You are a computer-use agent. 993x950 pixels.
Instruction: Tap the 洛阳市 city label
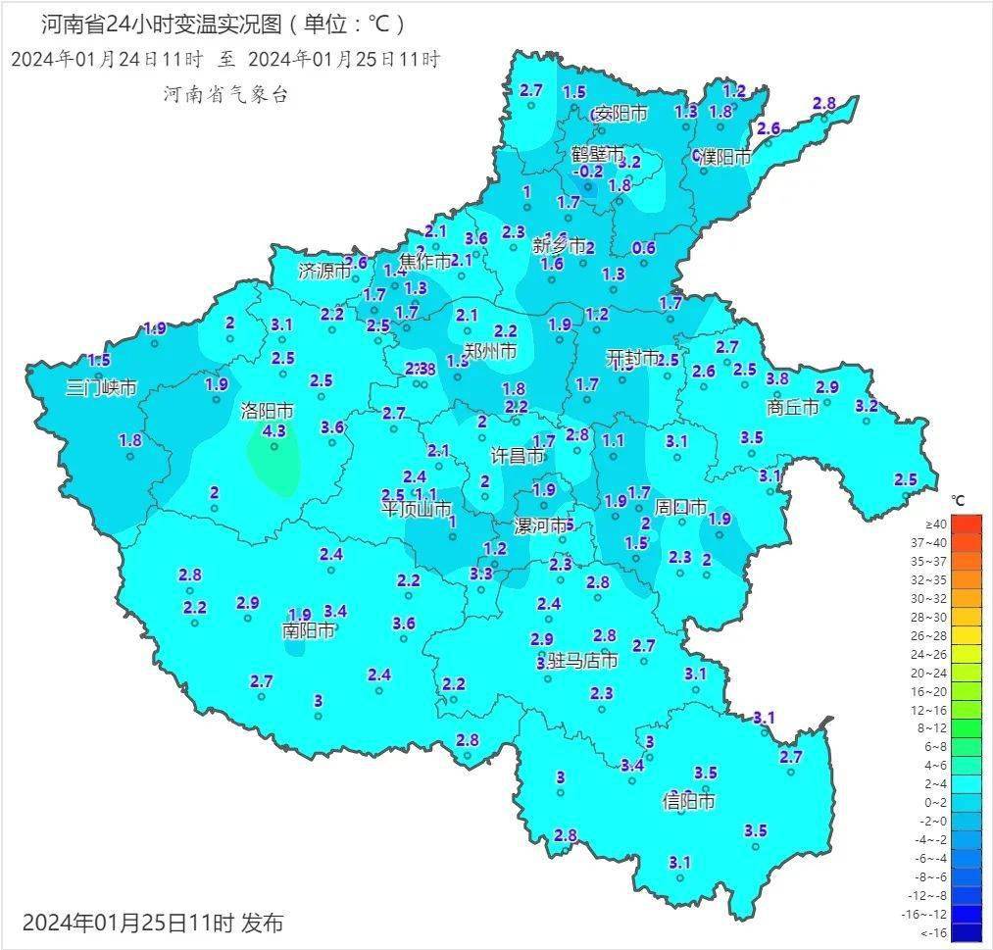(267, 411)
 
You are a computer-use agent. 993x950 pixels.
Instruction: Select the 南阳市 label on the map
(309, 630)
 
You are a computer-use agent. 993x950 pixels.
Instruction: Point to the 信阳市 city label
(688, 801)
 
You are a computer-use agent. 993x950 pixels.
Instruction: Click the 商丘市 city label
(792, 407)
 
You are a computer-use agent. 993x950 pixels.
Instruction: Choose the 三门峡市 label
(101, 387)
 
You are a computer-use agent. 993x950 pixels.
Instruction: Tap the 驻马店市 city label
(582, 661)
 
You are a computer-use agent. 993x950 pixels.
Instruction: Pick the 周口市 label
(680, 507)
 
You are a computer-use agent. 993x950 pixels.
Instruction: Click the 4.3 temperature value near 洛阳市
(274, 430)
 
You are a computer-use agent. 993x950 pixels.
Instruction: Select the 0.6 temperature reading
(644, 248)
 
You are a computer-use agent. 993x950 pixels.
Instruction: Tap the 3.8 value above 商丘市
(777, 378)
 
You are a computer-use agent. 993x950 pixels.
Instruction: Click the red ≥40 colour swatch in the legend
(966, 525)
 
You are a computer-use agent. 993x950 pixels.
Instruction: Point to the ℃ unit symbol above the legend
(957, 501)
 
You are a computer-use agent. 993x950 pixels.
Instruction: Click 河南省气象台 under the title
(225, 95)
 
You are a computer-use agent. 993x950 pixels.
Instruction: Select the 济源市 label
(323, 272)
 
